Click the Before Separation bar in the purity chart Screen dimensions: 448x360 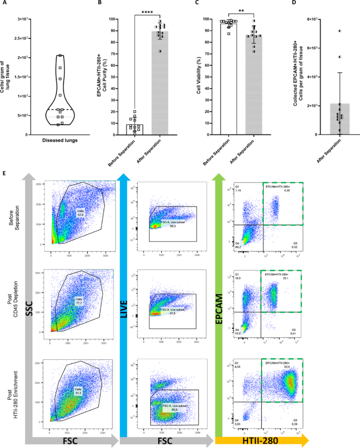click(134, 129)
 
